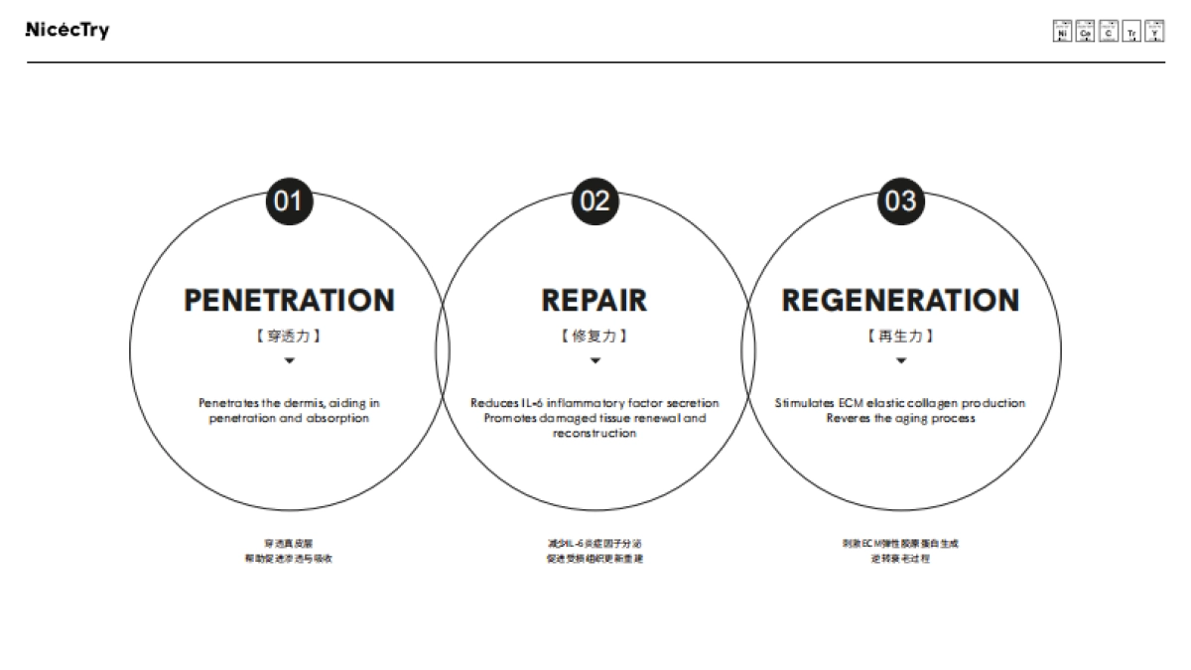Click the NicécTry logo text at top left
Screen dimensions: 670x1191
pyautogui.click(x=66, y=30)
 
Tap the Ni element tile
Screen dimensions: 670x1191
pyautogui.click(x=1062, y=31)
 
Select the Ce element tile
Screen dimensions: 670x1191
pyautogui.click(x=1085, y=31)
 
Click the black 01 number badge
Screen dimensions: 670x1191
pyautogui.click(x=289, y=201)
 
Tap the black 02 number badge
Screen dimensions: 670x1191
pyautogui.click(x=595, y=201)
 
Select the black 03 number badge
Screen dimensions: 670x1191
pyautogui.click(x=900, y=201)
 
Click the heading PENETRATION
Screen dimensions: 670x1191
pyautogui.click(x=289, y=300)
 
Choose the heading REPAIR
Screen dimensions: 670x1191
pyautogui.click(x=595, y=300)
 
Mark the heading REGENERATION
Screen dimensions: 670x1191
pyautogui.click(x=900, y=300)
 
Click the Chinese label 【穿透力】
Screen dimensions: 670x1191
pyautogui.click(x=289, y=335)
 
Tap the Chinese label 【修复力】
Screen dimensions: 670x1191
pyautogui.click(x=595, y=335)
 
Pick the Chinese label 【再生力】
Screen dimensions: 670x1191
pyautogui.click(x=900, y=335)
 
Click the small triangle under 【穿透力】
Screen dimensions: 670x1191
pyautogui.click(x=289, y=360)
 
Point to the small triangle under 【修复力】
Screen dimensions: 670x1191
pyautogui.click(x=595, y=360)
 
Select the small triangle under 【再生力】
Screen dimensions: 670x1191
pyautogui.click(x=900, y=360)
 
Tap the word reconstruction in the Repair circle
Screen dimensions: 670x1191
pyautogui.click(x=595, y=434)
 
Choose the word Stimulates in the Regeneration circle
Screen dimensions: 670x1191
pyautogui.click(x=804, y=403)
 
